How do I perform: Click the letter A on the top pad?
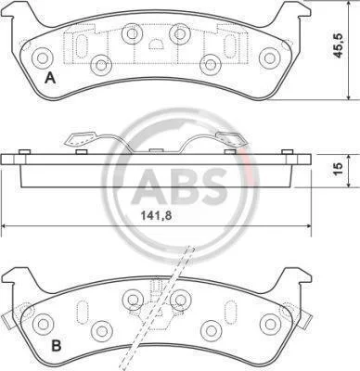pos(50,78)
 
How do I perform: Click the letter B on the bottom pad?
pos(56,346)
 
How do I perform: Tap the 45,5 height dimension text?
pos(339,45)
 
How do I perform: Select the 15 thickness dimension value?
pos(339,168)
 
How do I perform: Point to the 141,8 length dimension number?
pos(157,215)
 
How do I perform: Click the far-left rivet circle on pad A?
pos(42,58)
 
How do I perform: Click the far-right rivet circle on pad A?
pos(269,58)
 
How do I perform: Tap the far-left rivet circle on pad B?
pos(43,324)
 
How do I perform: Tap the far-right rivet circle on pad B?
pos(270,324)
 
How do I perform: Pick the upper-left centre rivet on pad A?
pos(133,33)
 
